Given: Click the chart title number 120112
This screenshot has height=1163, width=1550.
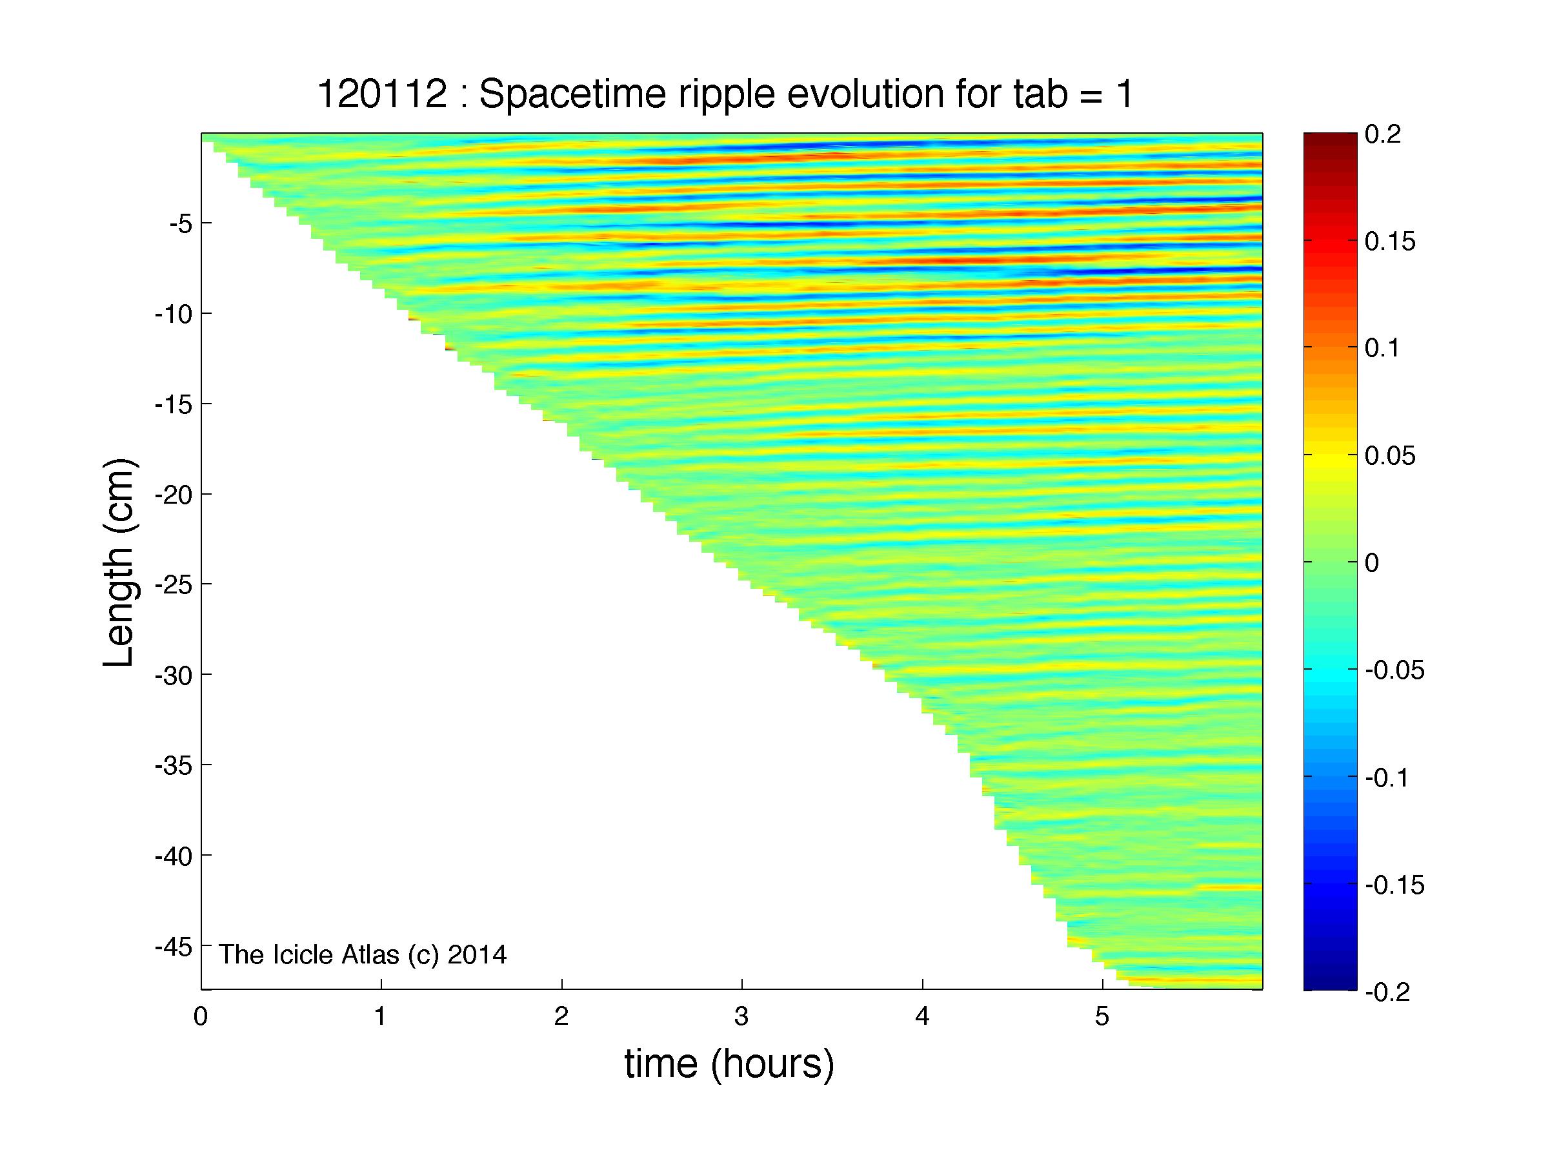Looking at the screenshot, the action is (x=382, y=94).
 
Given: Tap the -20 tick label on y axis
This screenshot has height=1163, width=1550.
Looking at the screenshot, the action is (x=173, y=494).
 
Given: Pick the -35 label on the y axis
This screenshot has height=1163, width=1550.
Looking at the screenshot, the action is (x=173, y=765).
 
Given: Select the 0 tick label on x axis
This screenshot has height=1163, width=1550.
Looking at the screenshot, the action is (x=201, y=1016).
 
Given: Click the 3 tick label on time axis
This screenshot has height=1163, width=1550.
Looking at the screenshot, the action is (x=742, y=1016).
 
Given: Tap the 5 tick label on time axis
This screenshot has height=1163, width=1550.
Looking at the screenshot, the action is (x=1102, y=1016).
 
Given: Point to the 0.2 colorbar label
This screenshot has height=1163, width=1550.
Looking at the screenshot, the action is (x=1382, y=134).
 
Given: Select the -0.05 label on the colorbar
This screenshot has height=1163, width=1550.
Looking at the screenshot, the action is (x=1394, y=670).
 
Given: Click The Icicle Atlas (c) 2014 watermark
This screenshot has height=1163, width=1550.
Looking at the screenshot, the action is (x=363, y=955).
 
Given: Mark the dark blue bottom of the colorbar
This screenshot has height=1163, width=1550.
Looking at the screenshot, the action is (x=1330, y=983).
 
